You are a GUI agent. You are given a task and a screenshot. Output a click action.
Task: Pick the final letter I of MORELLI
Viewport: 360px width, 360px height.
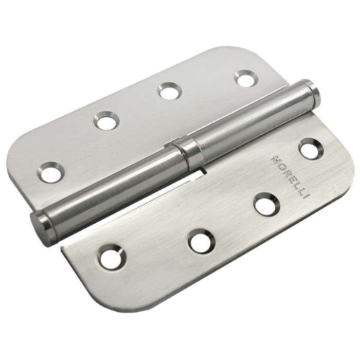tap(306, 195)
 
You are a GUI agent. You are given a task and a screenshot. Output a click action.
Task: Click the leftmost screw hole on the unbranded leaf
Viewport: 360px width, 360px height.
tap(51, 172)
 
